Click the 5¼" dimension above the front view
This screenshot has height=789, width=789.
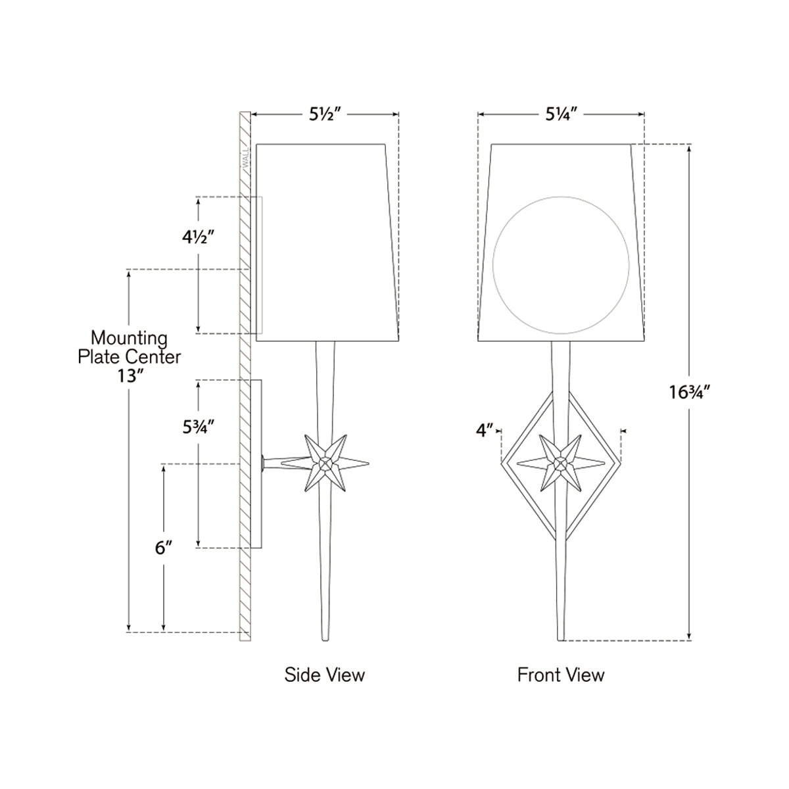pyautogui.click(x=561, y=114)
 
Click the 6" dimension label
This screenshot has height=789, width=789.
pyautogui.click(x=164, y=548)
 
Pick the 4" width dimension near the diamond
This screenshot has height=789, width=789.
pyautogui.click(x=485, y=431)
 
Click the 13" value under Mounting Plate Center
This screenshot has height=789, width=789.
pyautogui.click(x=129, y=375)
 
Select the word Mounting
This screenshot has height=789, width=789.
pyautogui.click(x=129, y=339)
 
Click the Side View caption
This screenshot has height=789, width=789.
pyautogui.click(x=324, y=674)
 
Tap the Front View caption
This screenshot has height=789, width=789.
pyautogui.click(x=561, y=674)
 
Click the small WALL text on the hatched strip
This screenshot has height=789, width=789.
pyautogui.click(x=246, y=158)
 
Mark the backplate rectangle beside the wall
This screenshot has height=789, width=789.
pyautogui.click(x=257, y=464)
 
